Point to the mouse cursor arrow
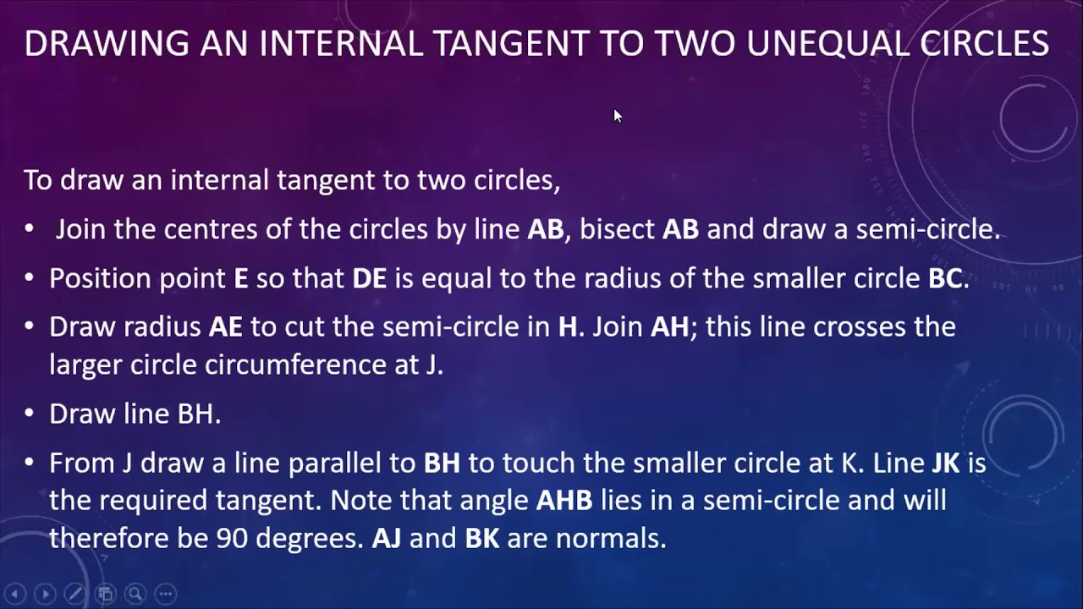(x=617, y=115)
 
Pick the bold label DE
(x=369, y=279)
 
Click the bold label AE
(x=226, y=326)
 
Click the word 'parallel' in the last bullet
(x=361, y=464)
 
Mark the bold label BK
(x=483, y=538)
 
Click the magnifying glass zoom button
(x=135, y=593)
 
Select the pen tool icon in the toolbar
(x=74, y=593)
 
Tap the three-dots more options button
(x=166, y=593)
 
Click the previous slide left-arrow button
(x=14, y=593)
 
